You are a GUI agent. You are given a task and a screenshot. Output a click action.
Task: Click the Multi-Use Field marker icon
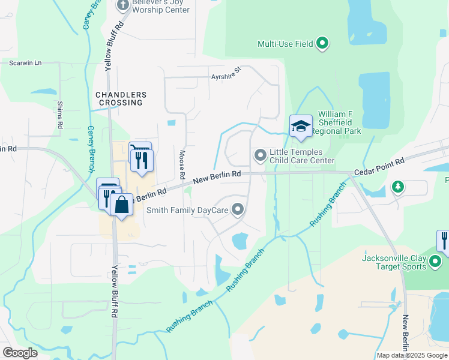pos(322,43)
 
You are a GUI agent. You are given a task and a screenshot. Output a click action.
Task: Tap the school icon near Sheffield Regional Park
pos(301,126)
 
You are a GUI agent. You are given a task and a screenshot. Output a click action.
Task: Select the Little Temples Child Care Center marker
pos(260,156)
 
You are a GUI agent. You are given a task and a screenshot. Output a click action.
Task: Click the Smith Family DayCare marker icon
pos(238,209)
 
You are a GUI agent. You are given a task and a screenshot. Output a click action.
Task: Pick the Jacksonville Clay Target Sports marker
pos(436,262)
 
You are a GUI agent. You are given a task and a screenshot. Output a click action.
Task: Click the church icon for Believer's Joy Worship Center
pos(123,5)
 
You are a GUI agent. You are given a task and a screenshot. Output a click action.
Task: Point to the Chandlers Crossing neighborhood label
pos(121,99)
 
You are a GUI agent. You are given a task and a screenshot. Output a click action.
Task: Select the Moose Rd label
pos(181,165)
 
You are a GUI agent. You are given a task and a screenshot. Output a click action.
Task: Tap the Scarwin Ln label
pos(25,62)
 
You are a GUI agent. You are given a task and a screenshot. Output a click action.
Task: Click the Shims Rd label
pos(60,115)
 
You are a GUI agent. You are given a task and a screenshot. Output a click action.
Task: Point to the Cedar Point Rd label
pos(379,166)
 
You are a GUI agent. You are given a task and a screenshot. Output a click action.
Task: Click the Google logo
pos(20,353)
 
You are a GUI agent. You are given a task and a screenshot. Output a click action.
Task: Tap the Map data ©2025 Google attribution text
pos(412,355)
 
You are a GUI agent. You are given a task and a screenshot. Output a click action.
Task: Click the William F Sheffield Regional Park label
pos(339,122)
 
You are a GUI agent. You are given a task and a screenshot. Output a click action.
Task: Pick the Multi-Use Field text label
pos(286,44)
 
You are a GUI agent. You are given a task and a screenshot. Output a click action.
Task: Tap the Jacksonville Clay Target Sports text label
pos(394,263)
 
